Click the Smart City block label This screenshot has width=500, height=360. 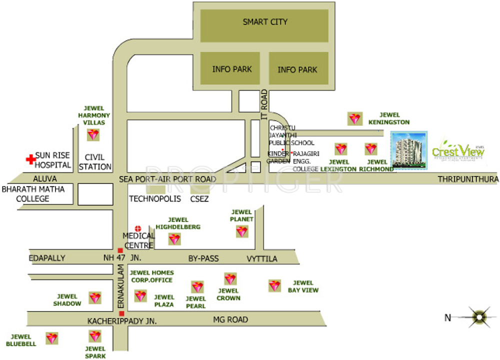pos(265,22)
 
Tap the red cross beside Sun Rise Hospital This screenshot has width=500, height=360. pos(31,159)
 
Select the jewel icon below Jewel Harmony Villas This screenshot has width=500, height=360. pos(93,134)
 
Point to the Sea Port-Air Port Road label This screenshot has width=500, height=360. pos(167,179)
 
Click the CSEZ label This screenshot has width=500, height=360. pos(199,198)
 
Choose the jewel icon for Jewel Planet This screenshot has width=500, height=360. pos(242,231)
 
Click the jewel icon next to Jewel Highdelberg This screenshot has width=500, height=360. pos(174,239)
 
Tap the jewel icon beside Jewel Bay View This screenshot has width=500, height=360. pos(274,285)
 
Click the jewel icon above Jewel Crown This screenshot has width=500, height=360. pos(230,278)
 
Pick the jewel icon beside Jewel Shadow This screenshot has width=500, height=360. pos(95,298)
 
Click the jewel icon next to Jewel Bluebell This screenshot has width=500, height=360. pos(51,338)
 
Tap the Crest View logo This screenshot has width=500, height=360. pos(458,150)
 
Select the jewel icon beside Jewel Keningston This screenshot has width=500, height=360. pos(354,118)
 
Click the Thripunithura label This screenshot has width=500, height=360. pos(468,179)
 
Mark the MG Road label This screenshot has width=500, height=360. pos(230,319)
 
